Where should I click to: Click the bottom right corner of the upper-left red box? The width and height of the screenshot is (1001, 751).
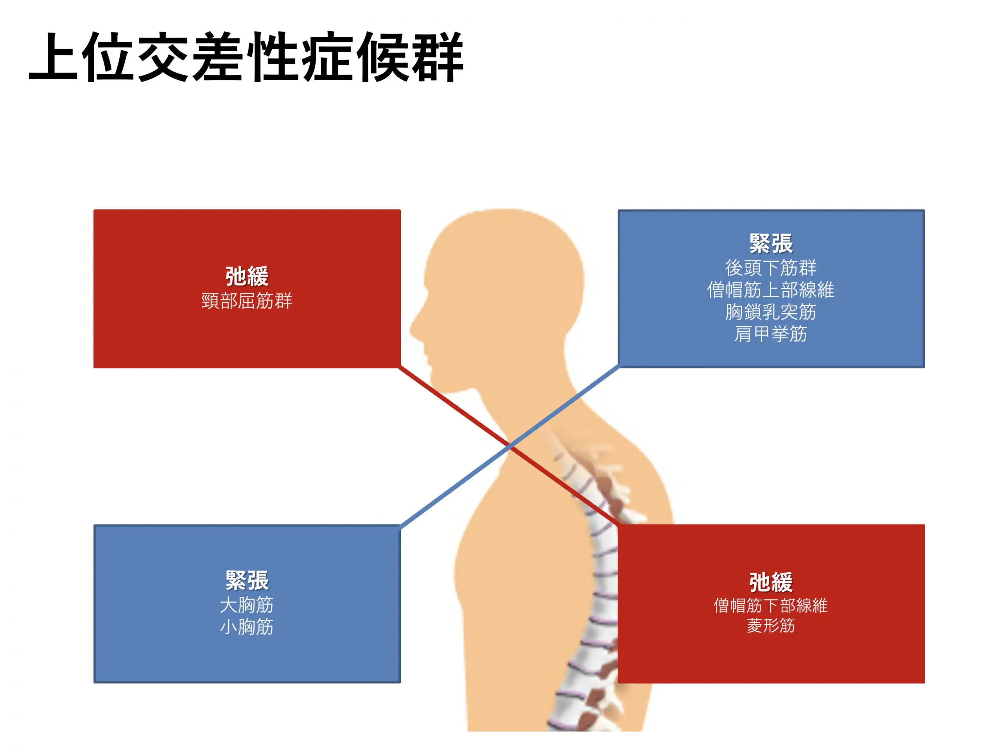pos(400,368)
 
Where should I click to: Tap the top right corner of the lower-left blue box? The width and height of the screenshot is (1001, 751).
pos(400,526)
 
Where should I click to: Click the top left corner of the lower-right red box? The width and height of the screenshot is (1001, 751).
pos(618,525)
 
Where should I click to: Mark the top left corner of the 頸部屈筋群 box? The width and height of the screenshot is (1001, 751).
pos(94,210)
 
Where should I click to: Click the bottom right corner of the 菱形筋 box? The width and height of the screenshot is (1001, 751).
pos(924,683)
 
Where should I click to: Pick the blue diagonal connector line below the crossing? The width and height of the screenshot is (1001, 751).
pos(456,486)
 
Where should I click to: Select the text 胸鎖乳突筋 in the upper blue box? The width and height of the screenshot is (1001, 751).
pos(771,312)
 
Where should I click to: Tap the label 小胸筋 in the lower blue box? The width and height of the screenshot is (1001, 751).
pos(247,627)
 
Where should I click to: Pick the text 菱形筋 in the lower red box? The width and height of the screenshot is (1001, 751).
pos(771,625)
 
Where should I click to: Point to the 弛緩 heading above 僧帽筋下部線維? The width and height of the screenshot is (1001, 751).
pos(771,582)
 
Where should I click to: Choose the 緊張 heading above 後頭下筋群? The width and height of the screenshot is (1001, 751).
pos(771,244)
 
